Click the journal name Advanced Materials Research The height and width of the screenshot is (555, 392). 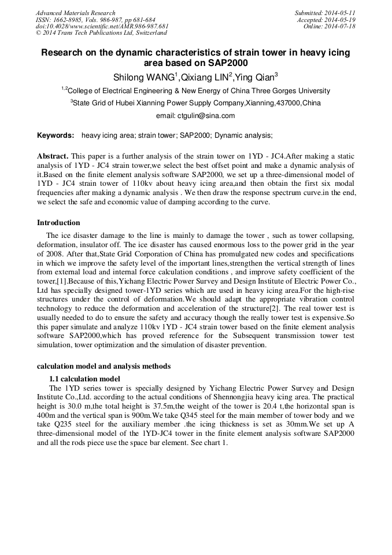(x=75, y=13)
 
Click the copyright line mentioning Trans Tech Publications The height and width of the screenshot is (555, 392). (x=101, y=33)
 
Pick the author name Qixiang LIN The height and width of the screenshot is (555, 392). (x=205, y=77)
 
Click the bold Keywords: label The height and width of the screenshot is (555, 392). (x=56, y=135)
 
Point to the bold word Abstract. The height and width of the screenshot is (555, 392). (x=53, y=156)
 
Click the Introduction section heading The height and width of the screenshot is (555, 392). (x=58, y=223)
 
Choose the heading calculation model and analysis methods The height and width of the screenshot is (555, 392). (x=103, y=366)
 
